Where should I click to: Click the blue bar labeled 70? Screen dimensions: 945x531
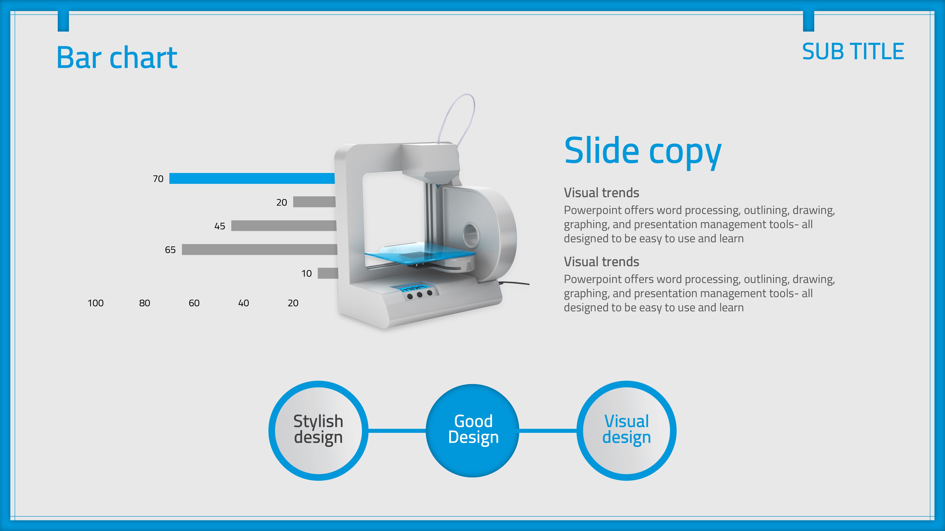click(x=252, y=178)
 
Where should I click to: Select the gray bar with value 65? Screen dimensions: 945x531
click(x=260, y=249)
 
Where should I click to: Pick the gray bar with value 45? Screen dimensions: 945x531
click(x=283, y=226)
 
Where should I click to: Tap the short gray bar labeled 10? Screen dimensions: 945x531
click(x=328, y=273)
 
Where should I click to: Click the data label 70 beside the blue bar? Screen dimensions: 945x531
click(x=158, y=179)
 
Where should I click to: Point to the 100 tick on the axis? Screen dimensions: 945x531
click(x=96, y=303)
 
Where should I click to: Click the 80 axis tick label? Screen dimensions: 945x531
click(x=145, y=303)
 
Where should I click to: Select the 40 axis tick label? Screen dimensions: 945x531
click(x=244, y=303)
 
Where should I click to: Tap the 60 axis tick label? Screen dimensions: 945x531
click(x=194, y=303)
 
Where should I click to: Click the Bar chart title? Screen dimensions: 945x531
click(x=117, y=58)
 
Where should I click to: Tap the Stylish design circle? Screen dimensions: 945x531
click(x=318, y=431)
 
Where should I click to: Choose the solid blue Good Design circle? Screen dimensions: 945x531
click(x=472, y=431)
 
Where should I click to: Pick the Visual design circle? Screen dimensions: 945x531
click(x=627, y=431)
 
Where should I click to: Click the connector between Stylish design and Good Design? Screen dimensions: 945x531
click(x=397, y=431)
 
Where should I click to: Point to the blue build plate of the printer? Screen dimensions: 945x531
click(x=420, y=253)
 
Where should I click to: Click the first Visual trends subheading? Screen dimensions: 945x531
click(x=601, y=193)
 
